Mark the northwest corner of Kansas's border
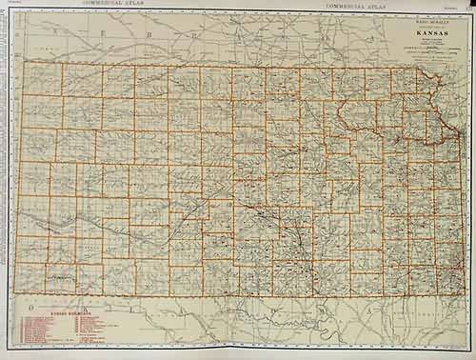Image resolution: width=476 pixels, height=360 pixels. click(x=21, y=62)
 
